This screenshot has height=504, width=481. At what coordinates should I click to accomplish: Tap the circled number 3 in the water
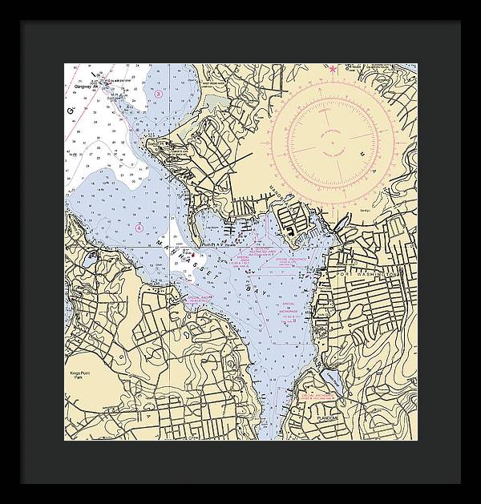[x=159, y=95]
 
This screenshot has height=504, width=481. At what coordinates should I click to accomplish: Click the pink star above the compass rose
[x=333, y=70]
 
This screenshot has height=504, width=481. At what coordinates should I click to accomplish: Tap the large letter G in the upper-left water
[x=71, y=110]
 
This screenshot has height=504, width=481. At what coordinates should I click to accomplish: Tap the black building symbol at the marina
[x=287, y=227]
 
